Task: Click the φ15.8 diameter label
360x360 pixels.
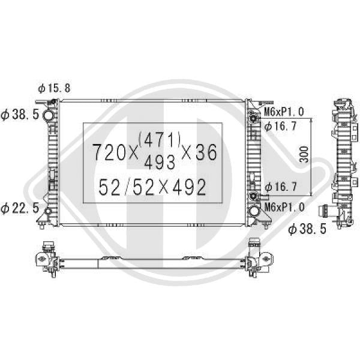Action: click(x=54, y=88)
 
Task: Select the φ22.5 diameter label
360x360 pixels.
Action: click(x=20, y=208)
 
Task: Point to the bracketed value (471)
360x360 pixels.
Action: click(x=160, y=140)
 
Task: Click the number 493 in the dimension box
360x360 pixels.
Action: click(x=160, y=161)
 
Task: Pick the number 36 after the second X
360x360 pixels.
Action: click(x=206, y=152)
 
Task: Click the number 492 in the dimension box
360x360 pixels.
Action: click(x=189, y=187)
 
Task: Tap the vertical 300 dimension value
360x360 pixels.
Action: click(x=304, y=154)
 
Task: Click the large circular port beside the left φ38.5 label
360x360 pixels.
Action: click(x=49, y=115)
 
